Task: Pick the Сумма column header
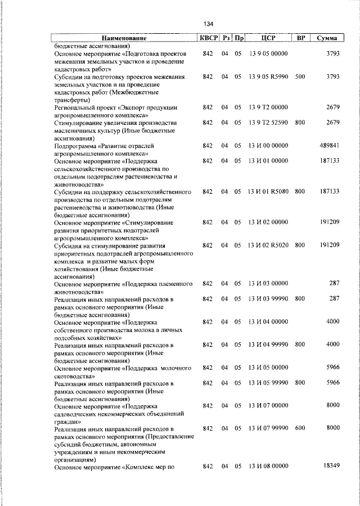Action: click(x=327, y=38)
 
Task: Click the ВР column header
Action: click(x=301, y=38)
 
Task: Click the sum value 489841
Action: click(x=328, y=145)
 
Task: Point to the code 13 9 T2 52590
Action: click(x=268, y=122)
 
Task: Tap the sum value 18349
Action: click(x=330, y=467)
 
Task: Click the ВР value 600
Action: click(x=300, y=428)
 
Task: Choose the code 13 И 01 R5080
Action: click(x=268, y=191)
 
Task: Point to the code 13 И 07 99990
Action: click(x=268, y=428)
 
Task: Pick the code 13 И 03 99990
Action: click(x=268, y=298)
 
